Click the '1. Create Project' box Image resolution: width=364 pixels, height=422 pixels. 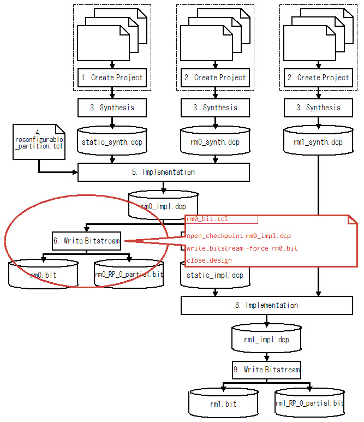tap(112, 78)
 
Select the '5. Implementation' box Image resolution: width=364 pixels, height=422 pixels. tap(164, 172)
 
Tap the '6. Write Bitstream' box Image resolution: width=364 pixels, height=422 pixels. tap(87, 241)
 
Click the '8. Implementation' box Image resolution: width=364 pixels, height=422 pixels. tap(266, 305)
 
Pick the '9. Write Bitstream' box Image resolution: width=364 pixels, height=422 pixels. tap(266, 370)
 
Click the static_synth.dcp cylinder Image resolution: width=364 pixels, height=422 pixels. tap(112, 141)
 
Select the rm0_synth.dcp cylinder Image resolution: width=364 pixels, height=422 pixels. tap(215, 141)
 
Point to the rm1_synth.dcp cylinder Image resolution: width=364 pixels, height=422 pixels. tap(318, 141)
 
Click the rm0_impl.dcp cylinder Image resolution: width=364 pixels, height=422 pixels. tap(163, 206)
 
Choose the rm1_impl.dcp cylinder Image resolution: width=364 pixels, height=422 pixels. tap(266, 339)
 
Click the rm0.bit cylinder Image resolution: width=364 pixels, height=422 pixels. tap(44, 275)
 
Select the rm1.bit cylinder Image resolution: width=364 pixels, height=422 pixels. tap(223, 403)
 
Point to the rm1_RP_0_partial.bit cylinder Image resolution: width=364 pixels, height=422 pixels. tap(309, 403)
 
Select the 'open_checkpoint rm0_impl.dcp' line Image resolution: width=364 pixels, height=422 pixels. tap(238, 236)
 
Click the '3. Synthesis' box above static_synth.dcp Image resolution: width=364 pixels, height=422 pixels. tap(112, 108)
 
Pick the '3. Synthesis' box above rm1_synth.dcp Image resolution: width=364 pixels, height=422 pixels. tap(318, 108)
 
